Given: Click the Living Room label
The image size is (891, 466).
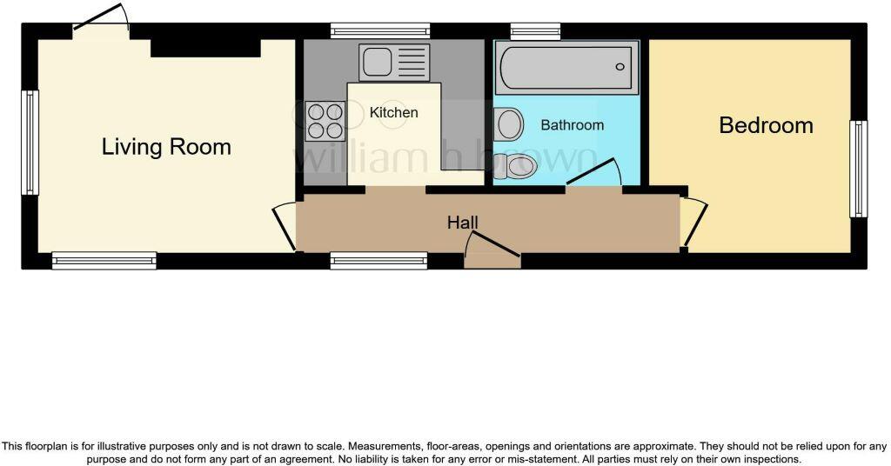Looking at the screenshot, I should point(166,146).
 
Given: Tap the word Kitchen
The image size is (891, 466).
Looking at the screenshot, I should point(393,113).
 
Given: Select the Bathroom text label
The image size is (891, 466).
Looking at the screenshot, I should point(572,125).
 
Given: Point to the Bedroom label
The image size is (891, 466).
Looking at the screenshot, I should point(766,125).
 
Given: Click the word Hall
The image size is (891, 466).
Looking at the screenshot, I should point(463,223).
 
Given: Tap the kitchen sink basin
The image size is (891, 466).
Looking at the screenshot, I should point(378,63).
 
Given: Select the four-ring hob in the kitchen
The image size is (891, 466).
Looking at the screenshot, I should point(325,121).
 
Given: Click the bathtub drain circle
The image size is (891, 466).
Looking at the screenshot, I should point(620,67).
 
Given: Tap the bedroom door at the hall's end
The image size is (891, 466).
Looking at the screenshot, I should point(695,223).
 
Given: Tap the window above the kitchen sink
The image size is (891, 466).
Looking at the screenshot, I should point(380,32).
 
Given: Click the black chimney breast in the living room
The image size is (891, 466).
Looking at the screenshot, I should point(205,47).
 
